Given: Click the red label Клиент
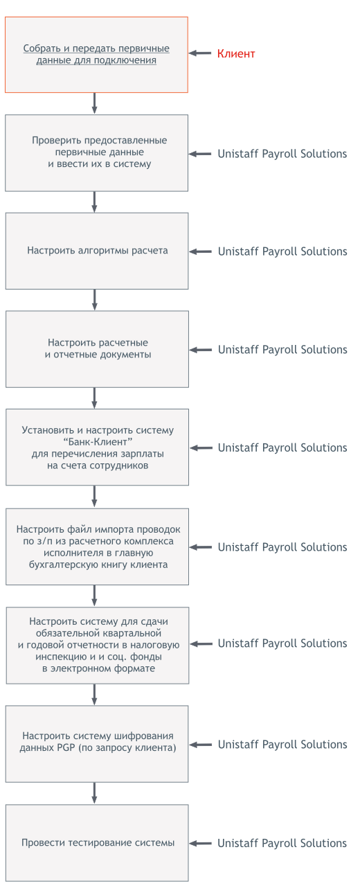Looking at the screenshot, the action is tap(235, 53).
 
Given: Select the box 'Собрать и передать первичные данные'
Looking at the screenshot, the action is tap(96, 55).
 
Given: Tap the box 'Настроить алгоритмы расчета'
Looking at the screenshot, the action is tap(97, 251).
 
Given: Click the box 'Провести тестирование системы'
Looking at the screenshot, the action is tap(97, 842).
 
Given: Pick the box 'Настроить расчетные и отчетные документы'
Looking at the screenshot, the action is tap(97, 349).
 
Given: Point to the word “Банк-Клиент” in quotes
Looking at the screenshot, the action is tap(98, 442).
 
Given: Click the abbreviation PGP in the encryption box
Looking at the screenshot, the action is tap(66, 747).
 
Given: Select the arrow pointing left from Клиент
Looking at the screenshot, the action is tap(200, 53).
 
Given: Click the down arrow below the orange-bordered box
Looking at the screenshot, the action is tap(94, 103).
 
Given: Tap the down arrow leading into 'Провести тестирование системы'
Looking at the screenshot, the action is tap(94, 793).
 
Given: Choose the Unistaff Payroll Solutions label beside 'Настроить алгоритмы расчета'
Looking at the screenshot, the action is tap(282, 251).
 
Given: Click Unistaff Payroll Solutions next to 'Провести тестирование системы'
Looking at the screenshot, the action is tap(282, 843).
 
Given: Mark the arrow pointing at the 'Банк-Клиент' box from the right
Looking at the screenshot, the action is tap(201, 448).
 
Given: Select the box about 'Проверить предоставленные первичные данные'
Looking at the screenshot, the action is tap(96, 152).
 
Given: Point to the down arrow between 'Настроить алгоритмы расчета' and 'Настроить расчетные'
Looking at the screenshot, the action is tap(94, 300).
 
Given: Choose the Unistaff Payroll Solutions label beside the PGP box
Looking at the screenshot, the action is tap(282, 745).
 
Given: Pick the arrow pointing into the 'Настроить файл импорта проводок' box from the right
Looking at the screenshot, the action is tap(201, 547).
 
